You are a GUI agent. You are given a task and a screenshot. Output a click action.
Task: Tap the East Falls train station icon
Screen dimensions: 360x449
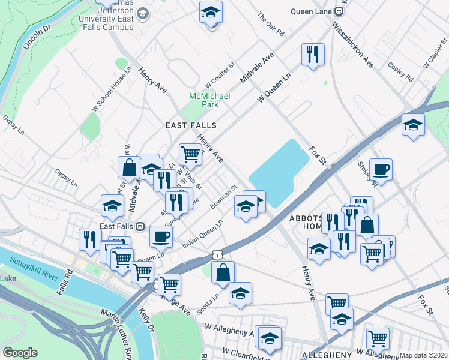point(140,227)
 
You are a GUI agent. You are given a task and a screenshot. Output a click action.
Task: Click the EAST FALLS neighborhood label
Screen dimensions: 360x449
point(191,125)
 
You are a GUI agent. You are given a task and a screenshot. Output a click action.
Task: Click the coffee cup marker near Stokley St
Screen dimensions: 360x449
point(381,169)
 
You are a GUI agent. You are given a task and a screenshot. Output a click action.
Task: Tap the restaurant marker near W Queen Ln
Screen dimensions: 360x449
point(313,54)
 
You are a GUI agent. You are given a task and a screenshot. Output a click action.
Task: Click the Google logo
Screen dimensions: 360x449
point(20,353)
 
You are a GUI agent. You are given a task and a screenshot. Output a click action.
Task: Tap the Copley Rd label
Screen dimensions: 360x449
point(400,71)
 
